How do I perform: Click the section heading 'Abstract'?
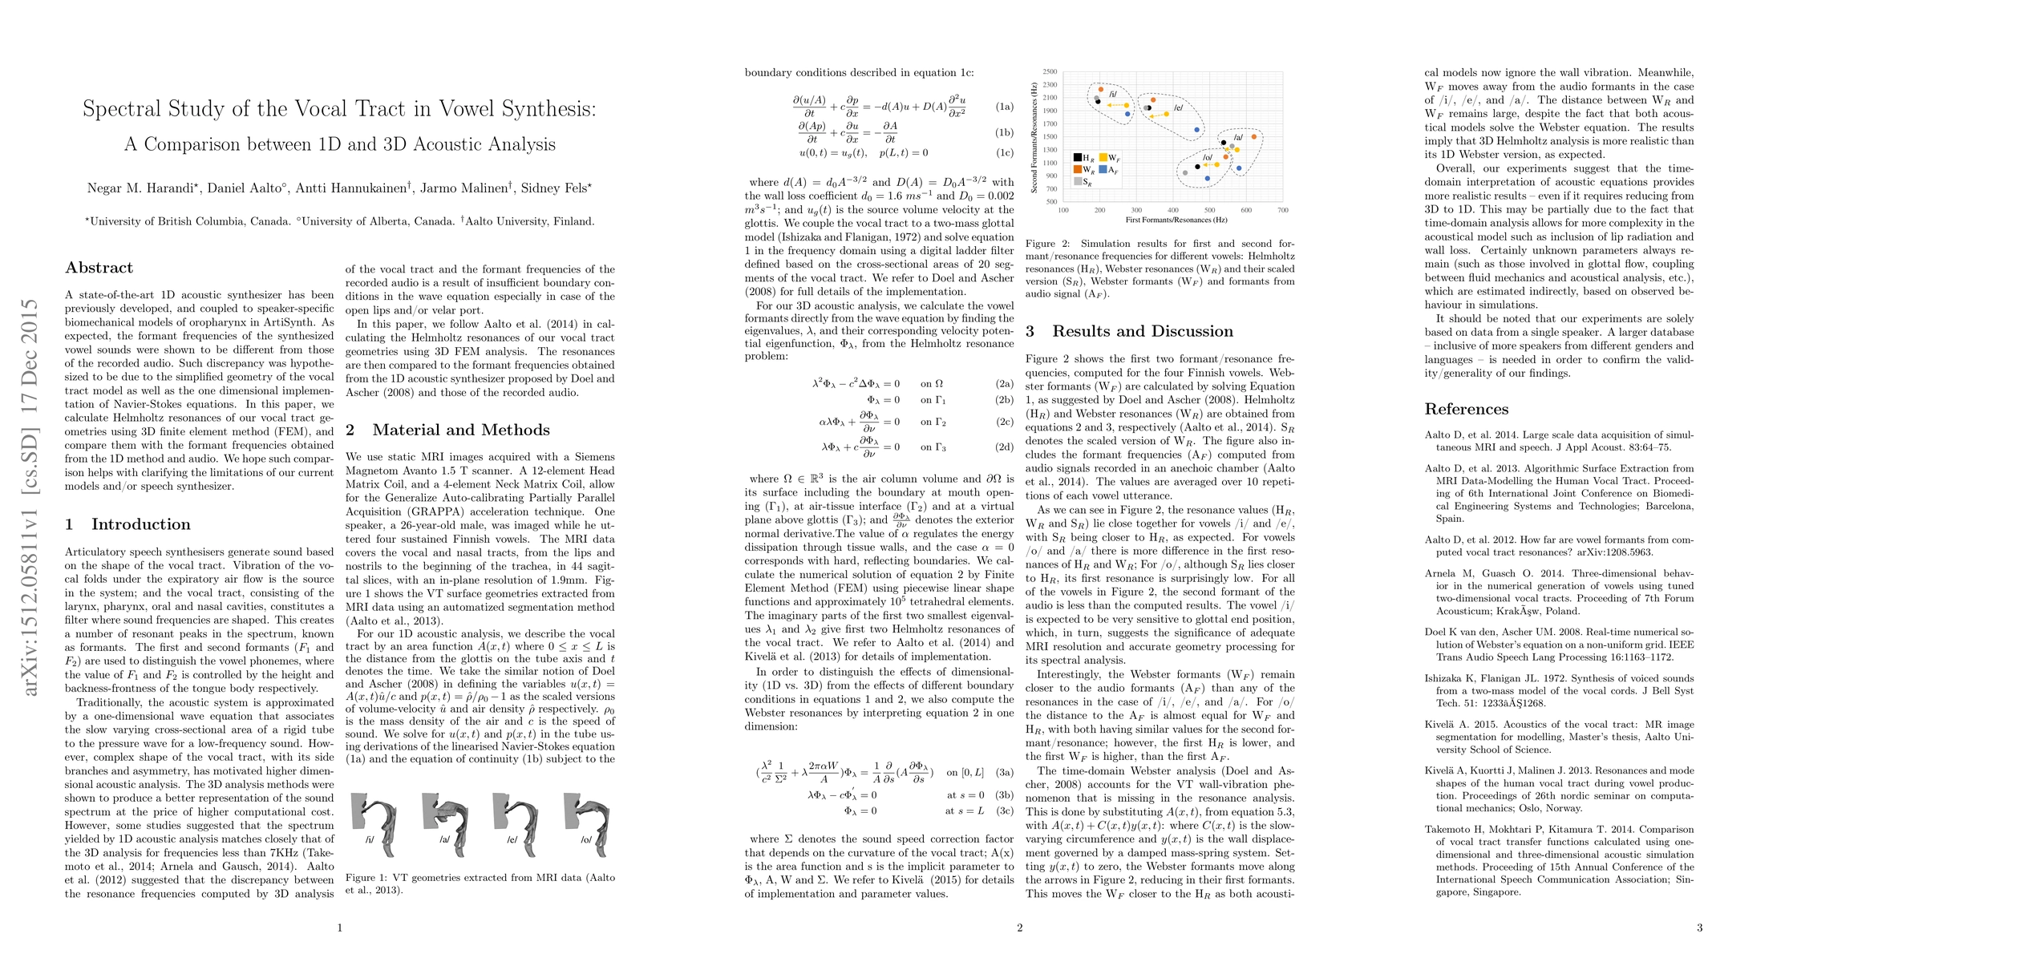[99, 268]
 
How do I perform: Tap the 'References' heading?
[1467, 410]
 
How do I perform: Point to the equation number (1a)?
[1005, 106]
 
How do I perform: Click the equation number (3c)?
[1004, 810]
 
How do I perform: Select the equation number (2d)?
[1004, 447]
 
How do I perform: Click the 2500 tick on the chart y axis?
[1050, 72]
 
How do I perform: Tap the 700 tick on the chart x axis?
[1283, 210]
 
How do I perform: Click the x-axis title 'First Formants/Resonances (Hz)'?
[1176, 220]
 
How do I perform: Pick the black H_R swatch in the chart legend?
[1079, 158]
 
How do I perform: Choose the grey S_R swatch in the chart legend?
[1079, 182]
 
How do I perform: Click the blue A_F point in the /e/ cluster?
[1197, 129]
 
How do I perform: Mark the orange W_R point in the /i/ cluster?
[1101, 90]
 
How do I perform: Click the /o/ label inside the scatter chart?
[1207, 157]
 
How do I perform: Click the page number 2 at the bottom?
[1019, 928]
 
